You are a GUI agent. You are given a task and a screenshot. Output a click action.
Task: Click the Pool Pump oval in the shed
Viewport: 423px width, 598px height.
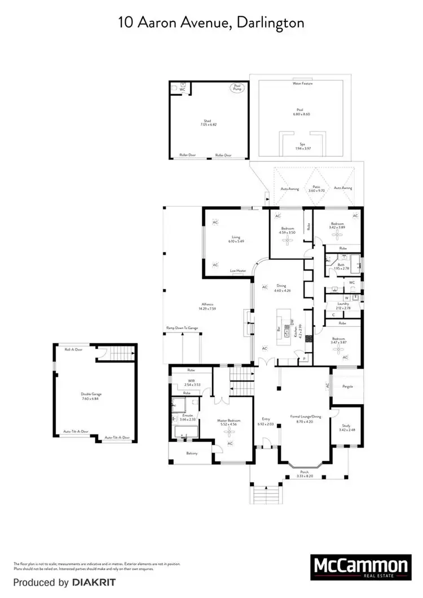(x=235, y=88)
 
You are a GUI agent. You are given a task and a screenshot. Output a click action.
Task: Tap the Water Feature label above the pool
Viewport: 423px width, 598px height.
(x=302, y=83)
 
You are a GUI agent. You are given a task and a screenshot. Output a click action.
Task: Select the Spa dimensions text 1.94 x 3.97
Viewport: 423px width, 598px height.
(x=302, y=149)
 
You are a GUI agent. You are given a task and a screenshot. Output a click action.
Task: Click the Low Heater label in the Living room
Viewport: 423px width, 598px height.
(x=238, y=271)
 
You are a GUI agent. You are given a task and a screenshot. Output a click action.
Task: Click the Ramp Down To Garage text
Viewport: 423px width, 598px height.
(x=182, y=327)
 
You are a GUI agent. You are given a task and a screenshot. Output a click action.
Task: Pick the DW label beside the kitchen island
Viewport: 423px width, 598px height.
(x=292, y=322)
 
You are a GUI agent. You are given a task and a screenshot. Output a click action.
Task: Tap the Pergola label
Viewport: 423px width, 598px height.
(x=347, y=387)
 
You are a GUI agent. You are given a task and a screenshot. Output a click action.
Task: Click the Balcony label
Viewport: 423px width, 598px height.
(x=191, y=453)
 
